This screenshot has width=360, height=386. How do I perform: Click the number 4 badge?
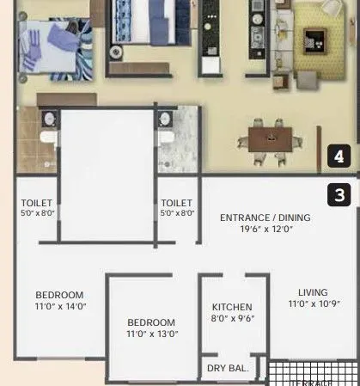tap(340, 156)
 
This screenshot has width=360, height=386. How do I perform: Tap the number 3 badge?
tap(340, 195)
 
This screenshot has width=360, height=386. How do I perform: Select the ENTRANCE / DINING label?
tap(265, 218)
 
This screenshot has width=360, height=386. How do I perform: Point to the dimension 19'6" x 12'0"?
tap(265, 230)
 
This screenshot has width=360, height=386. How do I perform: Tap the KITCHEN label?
tap(232, 307)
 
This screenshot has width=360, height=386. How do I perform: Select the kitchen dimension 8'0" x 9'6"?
tap(232, 318)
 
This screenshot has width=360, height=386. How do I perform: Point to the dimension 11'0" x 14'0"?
tap(59, 305)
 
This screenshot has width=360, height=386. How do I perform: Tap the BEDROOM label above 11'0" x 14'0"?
tap(59, 293)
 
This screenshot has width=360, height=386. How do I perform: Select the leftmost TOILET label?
tap(37, 203)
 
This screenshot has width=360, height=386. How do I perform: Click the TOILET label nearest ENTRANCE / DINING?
tap(177, 203)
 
